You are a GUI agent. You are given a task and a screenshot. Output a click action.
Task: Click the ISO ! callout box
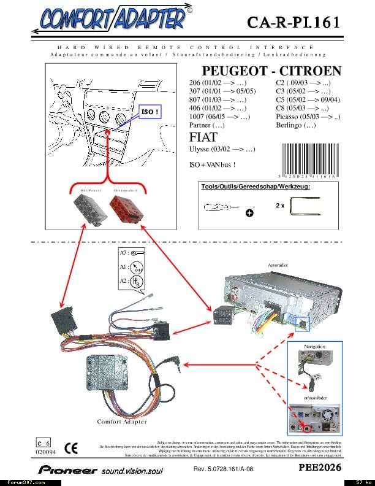150,112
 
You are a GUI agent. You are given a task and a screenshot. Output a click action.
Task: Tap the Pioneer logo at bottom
58,469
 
